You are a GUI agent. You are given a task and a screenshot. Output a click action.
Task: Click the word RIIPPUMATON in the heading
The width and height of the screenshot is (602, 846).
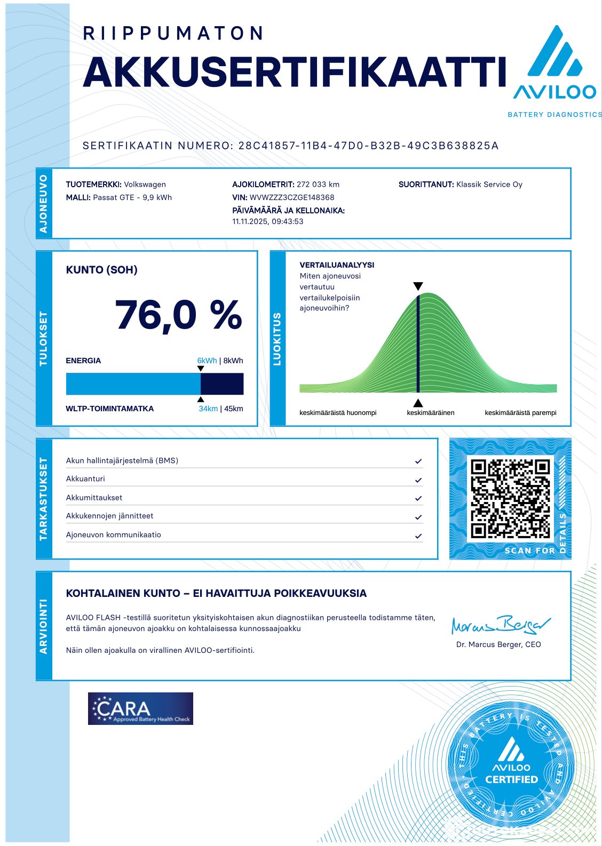(x=173, y=34)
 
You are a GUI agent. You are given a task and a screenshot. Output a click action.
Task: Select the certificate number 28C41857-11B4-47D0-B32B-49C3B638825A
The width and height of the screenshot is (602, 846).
(x=368, y=146)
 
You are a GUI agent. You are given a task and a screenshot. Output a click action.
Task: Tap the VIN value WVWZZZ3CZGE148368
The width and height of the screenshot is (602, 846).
(x=292, y=197)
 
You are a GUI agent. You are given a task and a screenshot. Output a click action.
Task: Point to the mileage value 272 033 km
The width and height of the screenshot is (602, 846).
(x=318, y=185)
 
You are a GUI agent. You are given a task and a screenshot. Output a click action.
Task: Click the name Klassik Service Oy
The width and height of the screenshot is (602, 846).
(x=489, y=185)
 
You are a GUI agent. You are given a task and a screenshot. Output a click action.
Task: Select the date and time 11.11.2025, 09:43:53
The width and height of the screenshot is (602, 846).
(x=268, y=221)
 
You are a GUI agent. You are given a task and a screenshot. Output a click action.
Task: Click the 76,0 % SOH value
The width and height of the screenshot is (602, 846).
(x=178, y=315)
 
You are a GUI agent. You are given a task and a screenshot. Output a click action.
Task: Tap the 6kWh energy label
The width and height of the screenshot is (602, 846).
(x=207, y=361)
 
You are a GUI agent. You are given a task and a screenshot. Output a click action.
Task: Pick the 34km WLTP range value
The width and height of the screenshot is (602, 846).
(x=208, y=409)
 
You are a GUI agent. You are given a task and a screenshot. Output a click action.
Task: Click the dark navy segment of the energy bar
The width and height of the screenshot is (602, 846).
(x=222, y=384)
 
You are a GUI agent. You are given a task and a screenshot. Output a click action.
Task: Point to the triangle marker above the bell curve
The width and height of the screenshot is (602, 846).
(x=418, y=286)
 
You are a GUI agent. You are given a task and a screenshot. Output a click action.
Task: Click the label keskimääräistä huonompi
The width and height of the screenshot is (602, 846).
(x=338, y=413)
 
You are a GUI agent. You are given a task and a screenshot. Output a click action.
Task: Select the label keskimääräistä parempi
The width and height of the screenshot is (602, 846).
(x=520, y=413)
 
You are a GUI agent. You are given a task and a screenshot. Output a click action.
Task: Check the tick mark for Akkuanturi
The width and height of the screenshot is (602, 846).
(x=418, y=480)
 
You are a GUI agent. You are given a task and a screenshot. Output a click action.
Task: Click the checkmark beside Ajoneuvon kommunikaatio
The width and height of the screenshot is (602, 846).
(x=418, y=536)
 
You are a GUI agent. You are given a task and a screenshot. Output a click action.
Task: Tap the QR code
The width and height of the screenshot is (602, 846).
(x=510, y=498)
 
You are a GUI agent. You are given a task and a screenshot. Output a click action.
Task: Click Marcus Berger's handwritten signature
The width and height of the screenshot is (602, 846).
(x=500, y=625)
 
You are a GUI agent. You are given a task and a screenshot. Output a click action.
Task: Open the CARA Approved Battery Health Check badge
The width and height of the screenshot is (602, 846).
(x=140, y=708)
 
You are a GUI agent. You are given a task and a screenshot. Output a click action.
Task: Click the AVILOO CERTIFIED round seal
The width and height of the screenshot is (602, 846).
(x=511, y=767)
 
